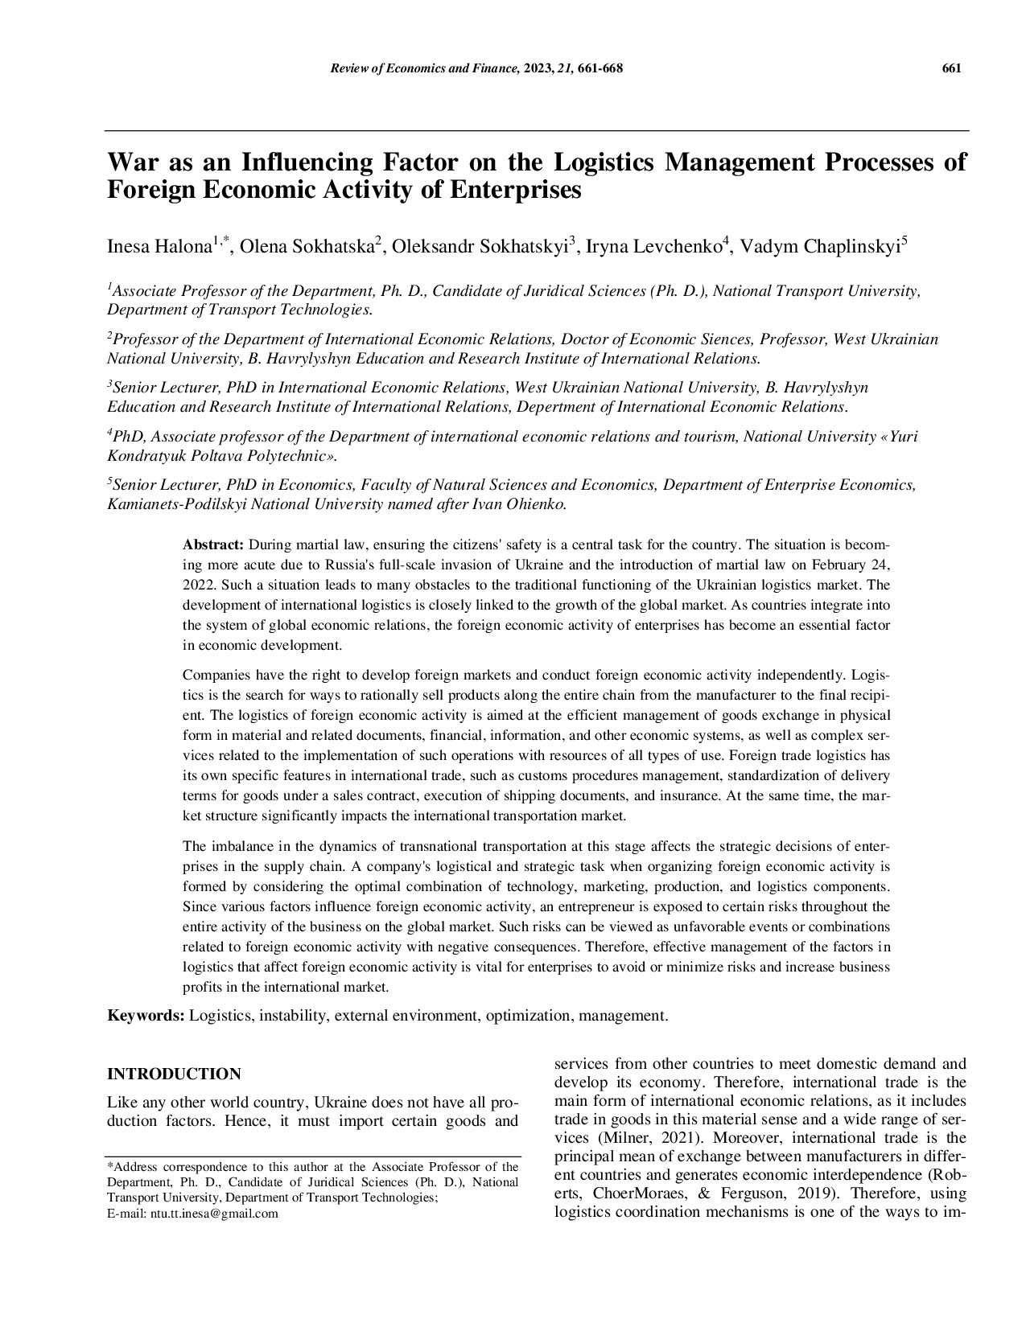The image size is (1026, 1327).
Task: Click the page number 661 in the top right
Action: pos(951,68)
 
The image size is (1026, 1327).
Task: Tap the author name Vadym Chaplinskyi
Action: pos(819,248)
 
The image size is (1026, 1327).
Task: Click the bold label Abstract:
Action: pos(213,544)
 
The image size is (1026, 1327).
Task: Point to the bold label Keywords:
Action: pos(146,1016)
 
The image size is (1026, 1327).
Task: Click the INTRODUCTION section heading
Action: pos(174,1074)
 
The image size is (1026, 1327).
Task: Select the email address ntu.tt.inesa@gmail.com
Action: pos(214,1214)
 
